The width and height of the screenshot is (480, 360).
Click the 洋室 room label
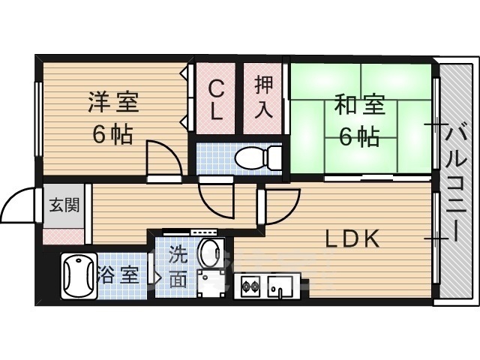tap(113, 102)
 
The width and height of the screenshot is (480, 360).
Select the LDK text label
tap(352, 239)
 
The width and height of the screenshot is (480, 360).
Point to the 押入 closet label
tap(263, 97)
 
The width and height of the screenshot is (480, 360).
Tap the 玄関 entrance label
tap(64, 205)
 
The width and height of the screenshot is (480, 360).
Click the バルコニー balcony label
tap(455, 181)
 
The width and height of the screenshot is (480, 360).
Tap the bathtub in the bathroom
tap(79, 275)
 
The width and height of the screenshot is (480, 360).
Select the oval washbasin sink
tap(211, 252)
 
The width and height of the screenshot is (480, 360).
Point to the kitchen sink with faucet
tap(280, 286)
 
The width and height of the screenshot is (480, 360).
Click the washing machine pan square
tap(211, 283)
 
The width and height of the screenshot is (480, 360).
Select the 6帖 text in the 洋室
tap(112, 134)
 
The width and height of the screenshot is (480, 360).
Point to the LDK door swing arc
tap(288, 211)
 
